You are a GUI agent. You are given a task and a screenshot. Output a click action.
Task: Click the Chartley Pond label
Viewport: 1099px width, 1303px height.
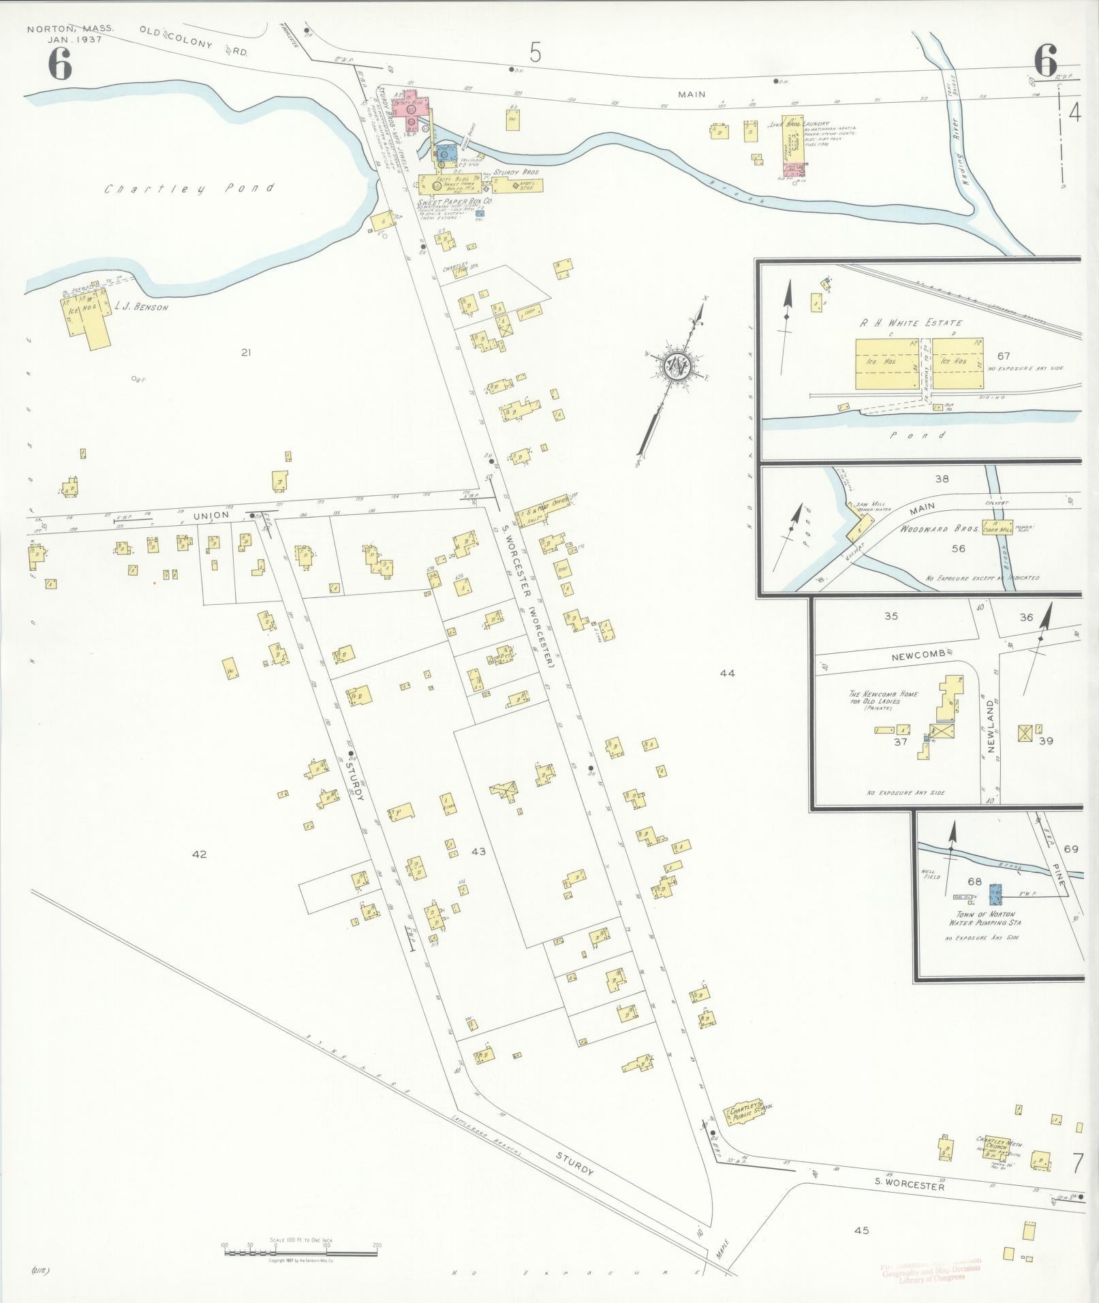point(189,189)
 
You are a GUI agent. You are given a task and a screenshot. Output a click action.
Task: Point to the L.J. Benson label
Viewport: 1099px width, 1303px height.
point(142,307)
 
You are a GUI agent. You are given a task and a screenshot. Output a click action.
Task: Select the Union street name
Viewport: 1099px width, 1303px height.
point(211,516)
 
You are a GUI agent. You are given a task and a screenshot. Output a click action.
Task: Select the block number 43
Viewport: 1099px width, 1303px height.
point(478,851)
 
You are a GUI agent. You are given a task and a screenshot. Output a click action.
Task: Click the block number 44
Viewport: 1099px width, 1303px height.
point(727,673)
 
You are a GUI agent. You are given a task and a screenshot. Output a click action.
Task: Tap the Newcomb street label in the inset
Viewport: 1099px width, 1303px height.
point(918,653)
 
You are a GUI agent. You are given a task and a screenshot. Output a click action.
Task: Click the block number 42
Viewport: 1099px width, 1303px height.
point(199,854)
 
